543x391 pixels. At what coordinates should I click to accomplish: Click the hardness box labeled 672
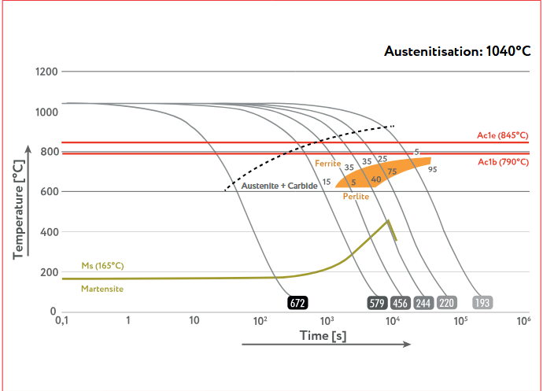coord(297,303)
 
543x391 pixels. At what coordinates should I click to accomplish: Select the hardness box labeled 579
coord(376,303)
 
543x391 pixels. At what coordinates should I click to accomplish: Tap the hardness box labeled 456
coord(400,303)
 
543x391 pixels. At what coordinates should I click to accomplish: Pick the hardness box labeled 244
coord(423,303)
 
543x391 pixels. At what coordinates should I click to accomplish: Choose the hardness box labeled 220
coord(447,303)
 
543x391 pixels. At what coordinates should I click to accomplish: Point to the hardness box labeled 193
coord(482,303)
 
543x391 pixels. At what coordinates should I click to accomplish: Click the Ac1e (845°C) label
coord(503,136)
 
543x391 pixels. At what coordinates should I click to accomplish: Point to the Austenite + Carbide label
coord(279,186)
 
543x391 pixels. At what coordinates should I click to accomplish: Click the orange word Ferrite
coord(327,164)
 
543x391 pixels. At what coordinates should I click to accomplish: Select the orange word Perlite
coord(356,197)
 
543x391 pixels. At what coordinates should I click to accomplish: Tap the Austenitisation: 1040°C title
coord(457,51)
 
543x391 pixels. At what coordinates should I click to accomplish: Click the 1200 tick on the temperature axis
coord(46,72)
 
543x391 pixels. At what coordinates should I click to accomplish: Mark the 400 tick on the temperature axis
coord(49,232)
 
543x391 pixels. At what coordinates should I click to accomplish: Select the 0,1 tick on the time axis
coord(61,321)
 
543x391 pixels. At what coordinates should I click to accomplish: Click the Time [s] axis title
coord(323,336)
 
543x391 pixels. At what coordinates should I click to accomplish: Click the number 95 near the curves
coord(432,169)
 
